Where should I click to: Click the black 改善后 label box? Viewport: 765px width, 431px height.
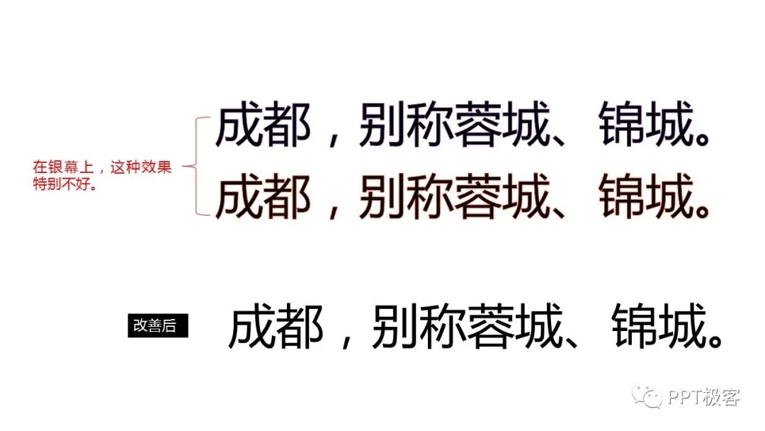pyautogui.click(x=157, y=325)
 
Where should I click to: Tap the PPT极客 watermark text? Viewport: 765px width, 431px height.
pyautogui.click(x=703, y=398)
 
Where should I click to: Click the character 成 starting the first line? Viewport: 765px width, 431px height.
pyautogui.click(x=239, y=128)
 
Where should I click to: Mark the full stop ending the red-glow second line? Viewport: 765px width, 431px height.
pyautogui.click(x=700, y=211)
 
